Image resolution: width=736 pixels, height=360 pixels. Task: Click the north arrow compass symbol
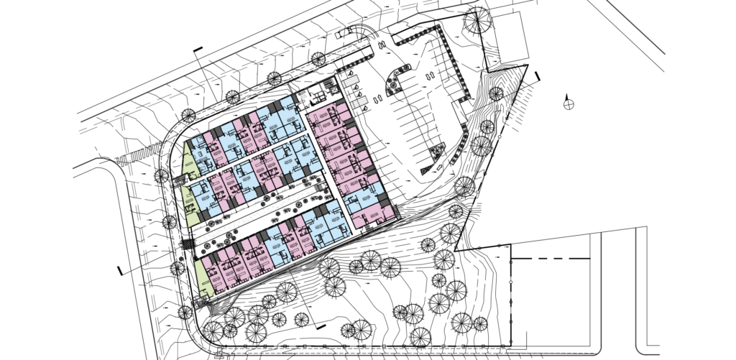[x=569, y=102]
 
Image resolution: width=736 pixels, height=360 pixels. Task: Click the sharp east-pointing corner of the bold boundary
[x=529, y=65]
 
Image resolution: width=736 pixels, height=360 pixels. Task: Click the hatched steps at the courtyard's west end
[x=185, y=244]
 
